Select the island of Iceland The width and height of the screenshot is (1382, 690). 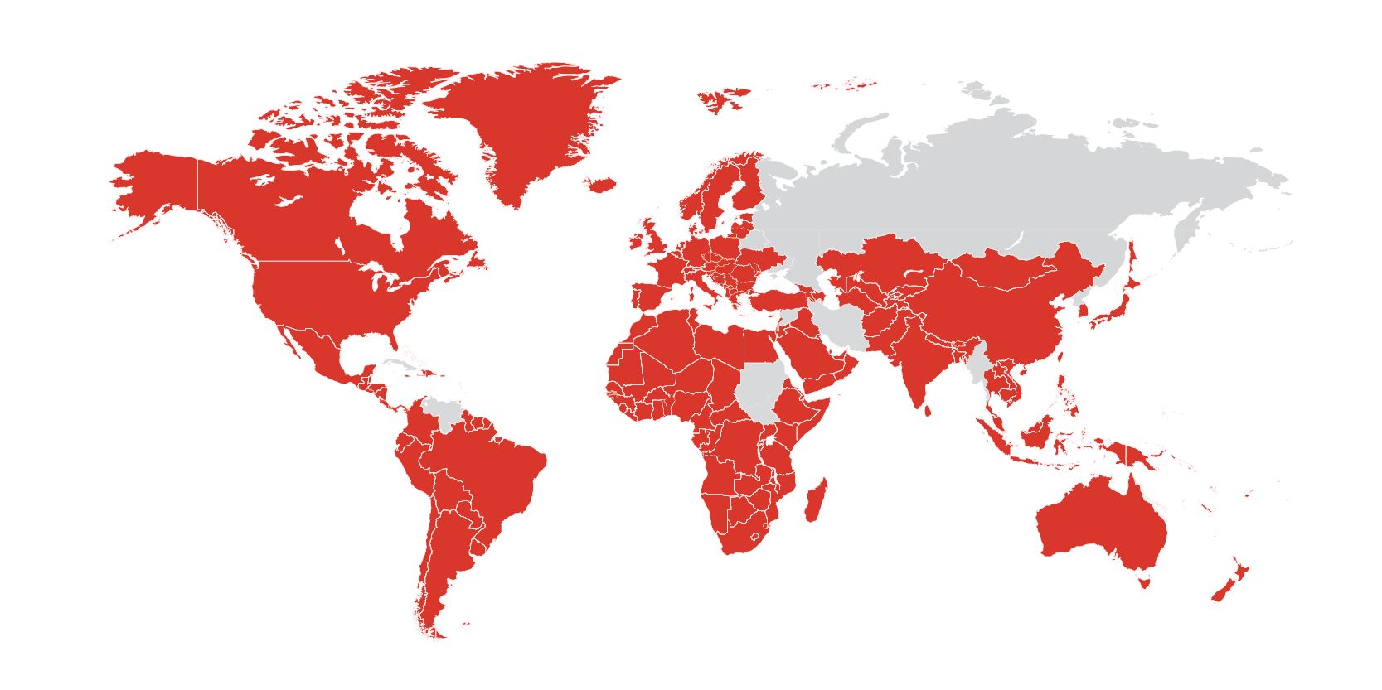pyautogui.click(x=599, y=184)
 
